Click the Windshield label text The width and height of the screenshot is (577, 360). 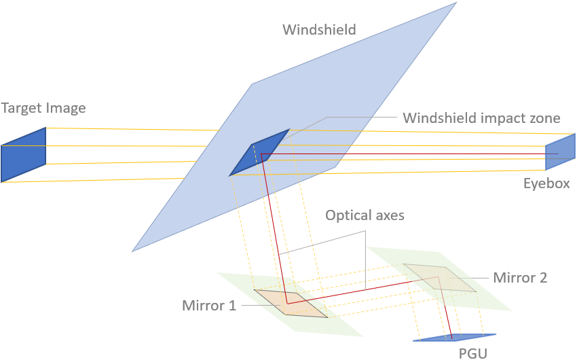(x=319, y=30)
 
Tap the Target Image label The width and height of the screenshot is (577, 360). (x=43, y=108)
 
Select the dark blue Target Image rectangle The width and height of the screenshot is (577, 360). (x=23, y=154)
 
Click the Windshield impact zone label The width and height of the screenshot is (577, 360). (x=481, y=118)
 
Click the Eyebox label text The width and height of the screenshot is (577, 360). (x=546, y=183)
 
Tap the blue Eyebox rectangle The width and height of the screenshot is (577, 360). (x=561, y=153)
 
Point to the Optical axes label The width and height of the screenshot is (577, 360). (x=365, y=216)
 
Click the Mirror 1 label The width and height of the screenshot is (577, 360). (x=209, y=305)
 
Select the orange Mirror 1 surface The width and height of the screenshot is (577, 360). (x=291, y=303)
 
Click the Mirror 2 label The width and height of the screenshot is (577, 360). (x=520, y=277)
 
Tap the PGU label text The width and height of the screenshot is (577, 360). (x=472, y=353)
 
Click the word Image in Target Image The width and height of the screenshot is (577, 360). (x=65, y=108)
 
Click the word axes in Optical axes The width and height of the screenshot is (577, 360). (x=388, y=216)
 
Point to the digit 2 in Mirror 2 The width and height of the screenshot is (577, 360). (x=543, y=277)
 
